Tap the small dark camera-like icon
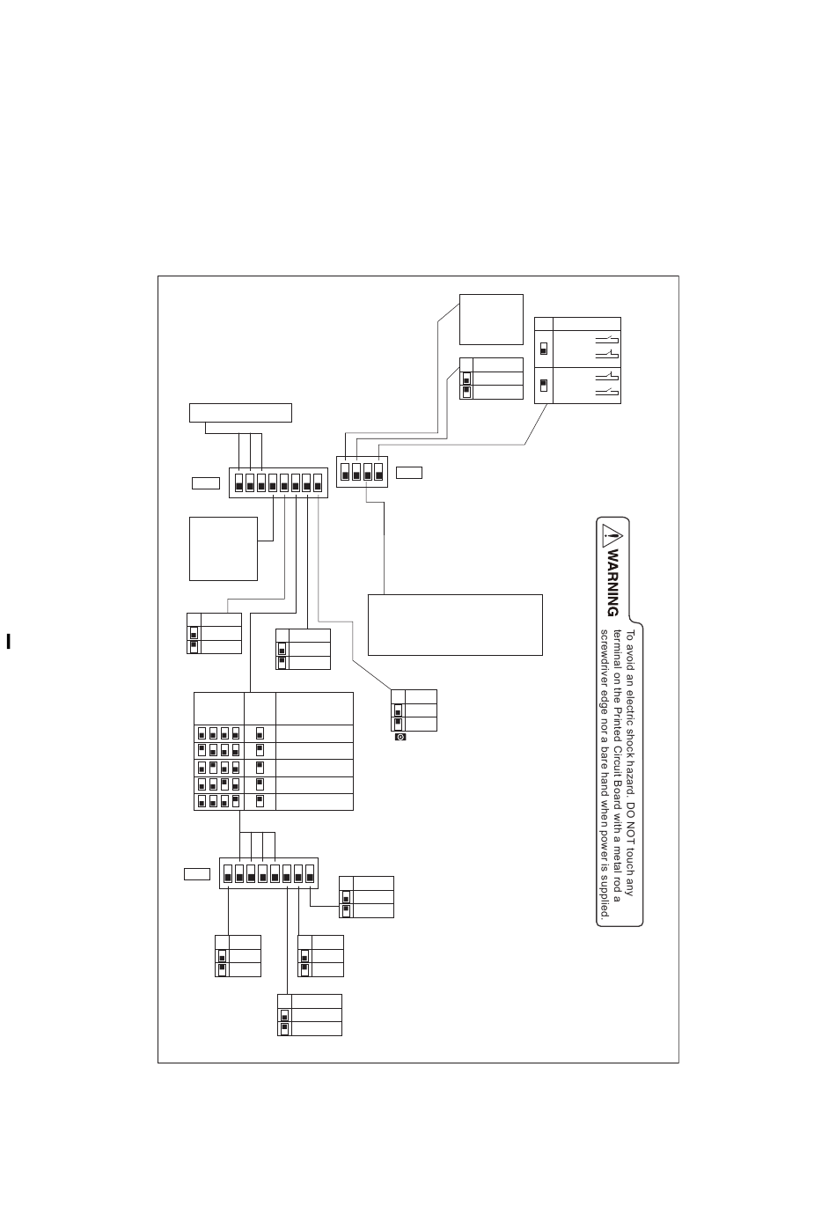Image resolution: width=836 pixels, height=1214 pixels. (x=400, y=737)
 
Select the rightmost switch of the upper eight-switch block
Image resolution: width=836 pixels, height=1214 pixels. (x=318, y=482)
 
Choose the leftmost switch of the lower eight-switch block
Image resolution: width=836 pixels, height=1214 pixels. (x=229, y=874)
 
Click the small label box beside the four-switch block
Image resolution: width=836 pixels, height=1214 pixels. (x=409, y=473)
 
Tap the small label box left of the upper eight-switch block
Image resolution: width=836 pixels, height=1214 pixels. (x=205, y=482)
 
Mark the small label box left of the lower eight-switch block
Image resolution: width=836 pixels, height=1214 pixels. (x=197, y=873)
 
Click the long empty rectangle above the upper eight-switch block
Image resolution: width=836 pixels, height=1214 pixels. (x=240, y=412)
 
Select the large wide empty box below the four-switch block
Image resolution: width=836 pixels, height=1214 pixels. (x=455, y=624)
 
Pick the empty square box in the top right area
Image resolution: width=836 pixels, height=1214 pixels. (x=491, y=320)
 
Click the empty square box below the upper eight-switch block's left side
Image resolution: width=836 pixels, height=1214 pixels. (x=224, y=548)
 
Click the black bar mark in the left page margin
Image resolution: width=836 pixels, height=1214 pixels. (x=8, y=641)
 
